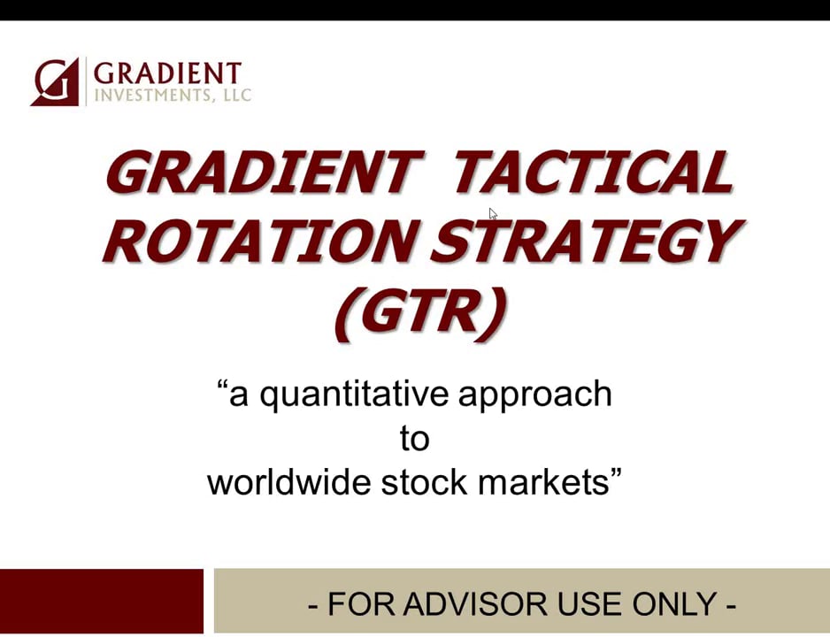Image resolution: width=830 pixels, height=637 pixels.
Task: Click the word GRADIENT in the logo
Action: tap(166, 73)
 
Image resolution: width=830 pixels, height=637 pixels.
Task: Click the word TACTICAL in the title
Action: tap(593, 173)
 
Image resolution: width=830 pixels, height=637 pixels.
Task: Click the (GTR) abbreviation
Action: tap(419, 311)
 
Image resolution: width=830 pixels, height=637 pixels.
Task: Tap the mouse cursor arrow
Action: tap(493, 213)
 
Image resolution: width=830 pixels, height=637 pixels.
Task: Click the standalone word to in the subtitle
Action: tap(414, 439)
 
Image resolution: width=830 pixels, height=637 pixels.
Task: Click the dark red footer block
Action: tap(101, 602)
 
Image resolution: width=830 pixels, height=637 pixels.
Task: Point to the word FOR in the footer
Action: tap(359, 604)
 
